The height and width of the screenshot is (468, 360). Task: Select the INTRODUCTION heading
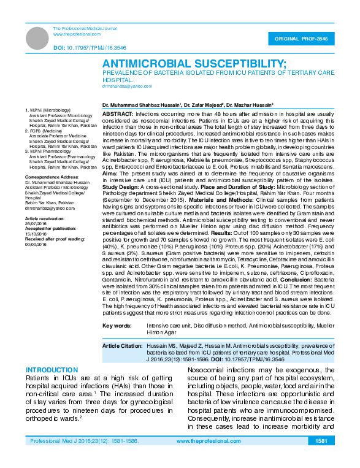pyautogui.click(x=52, y=370)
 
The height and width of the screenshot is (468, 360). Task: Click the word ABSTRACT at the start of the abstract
pyautogui.click(x=117, y=115)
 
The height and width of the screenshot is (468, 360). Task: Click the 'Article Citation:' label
pyautogui.click(x=123, y=347)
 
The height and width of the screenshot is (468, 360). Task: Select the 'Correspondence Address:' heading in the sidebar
pyautogui.click(x=51, y=177)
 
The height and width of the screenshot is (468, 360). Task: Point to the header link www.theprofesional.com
pyautogui.click(x=77, y=34)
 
